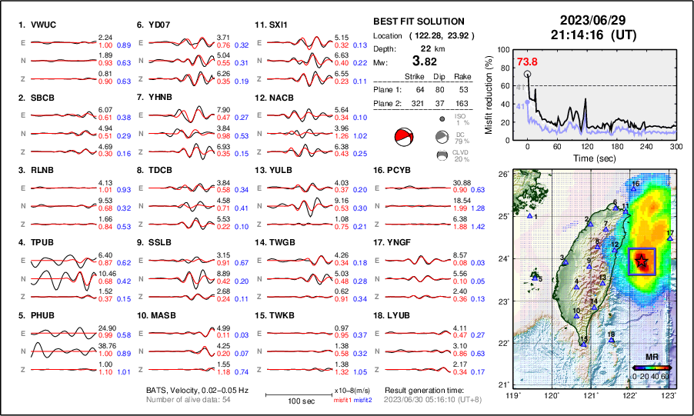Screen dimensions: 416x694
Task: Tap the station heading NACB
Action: point(282,98)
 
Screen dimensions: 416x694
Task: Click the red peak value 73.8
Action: point(527,62)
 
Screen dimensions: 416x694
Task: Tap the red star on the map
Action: point(642,262)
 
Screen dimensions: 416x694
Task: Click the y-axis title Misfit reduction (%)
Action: point(489,95)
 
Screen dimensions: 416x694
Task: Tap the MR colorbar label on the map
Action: point(651,358)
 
